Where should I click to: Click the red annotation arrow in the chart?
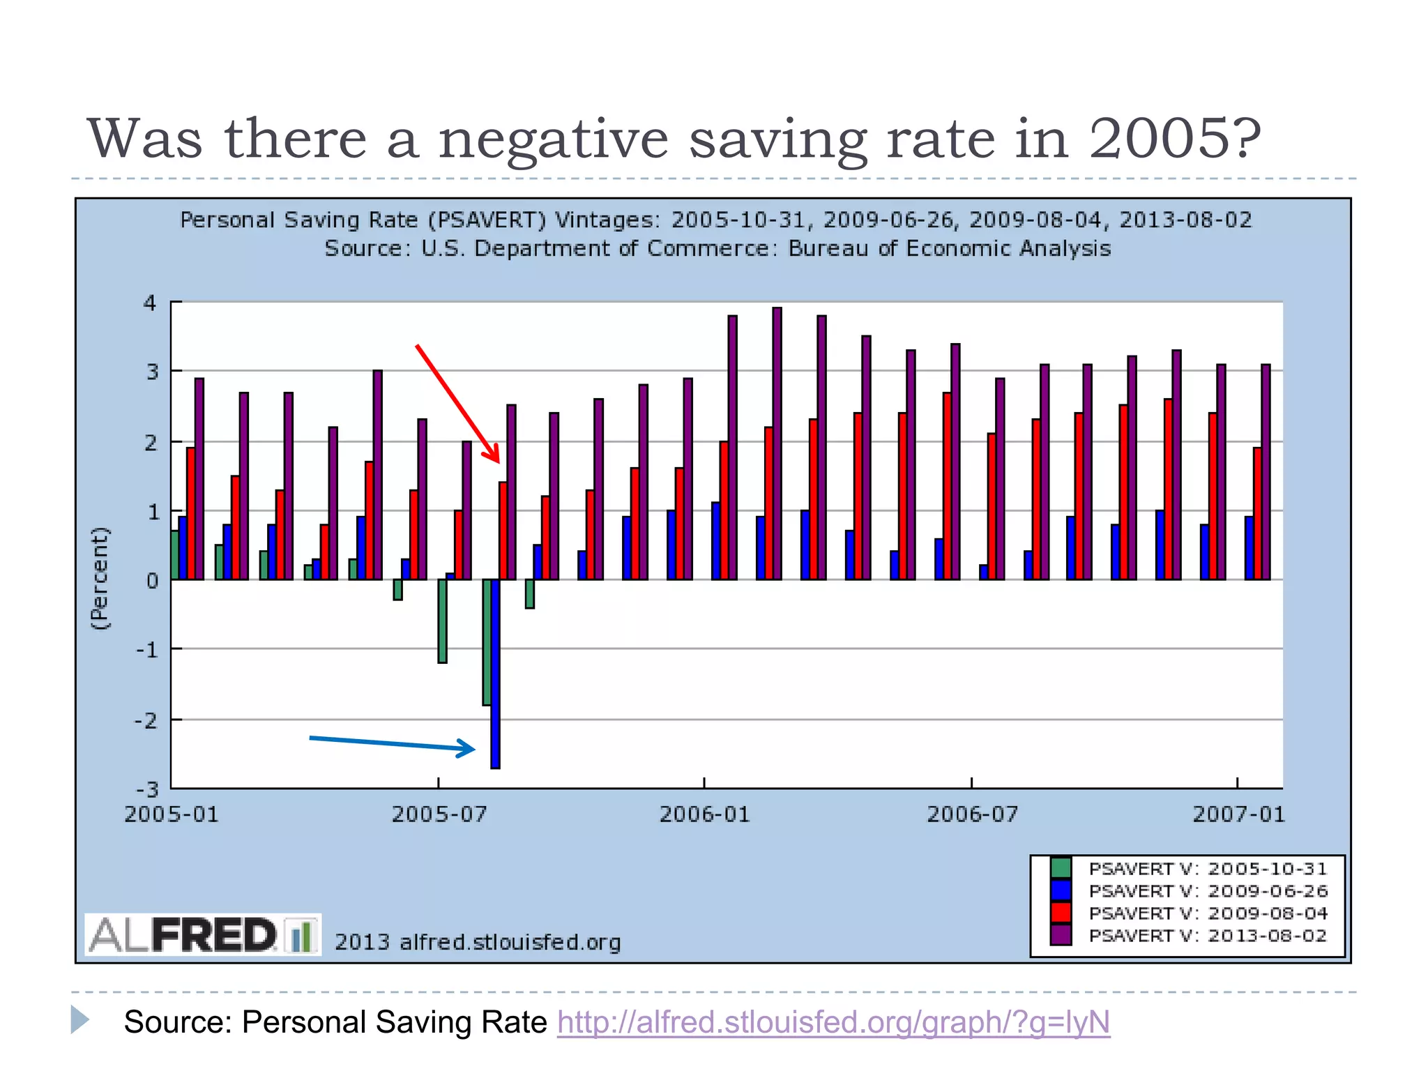(457, 402)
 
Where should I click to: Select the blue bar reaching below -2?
(495, 673)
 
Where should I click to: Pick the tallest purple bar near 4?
(777, 443)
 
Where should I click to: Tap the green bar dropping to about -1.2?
(442, 621)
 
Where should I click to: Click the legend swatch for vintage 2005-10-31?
(1061, 868)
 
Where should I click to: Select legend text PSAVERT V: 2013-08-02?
(1208, 936)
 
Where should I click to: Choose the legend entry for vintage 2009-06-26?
(1208, 891)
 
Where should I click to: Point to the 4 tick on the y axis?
(150, 303)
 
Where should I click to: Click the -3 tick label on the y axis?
(147, 789)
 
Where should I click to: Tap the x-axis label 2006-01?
(704, 814)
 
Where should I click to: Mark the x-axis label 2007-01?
(1238, 814)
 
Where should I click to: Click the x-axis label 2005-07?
(439, 814)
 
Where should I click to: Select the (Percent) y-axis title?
(100, 579)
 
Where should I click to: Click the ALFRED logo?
(202, 935)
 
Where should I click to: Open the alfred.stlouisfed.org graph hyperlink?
(833, 1022)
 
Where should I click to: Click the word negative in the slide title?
(554, 139)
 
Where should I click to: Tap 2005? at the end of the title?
(1174, 139)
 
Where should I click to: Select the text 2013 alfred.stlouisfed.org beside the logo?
(478, 942)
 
